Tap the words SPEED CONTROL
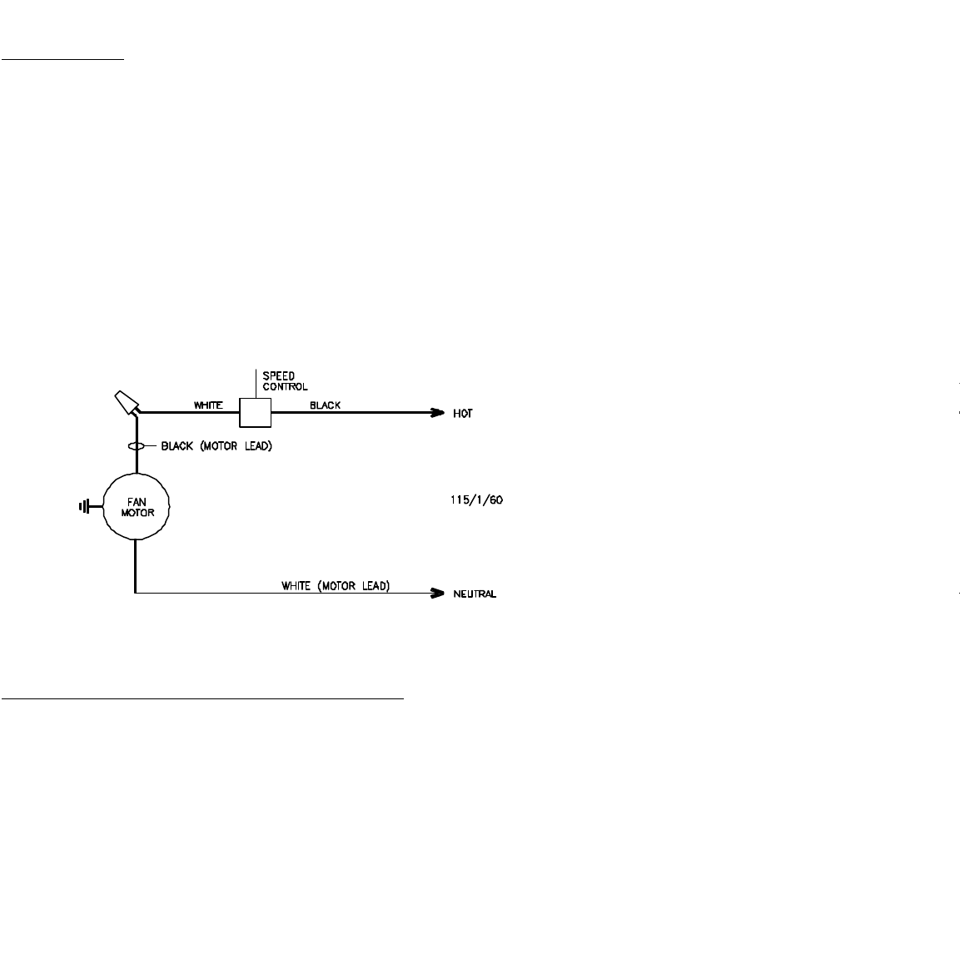pos(285,381)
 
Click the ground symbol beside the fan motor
pos(84,505)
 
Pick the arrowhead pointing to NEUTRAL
pos(436,594)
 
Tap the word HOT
pos(463,414)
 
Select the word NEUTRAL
pos(475,594)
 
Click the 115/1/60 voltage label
pos(473,501)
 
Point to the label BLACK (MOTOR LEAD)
pos(216,446)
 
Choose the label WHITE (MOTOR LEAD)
pos(335,586)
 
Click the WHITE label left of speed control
pos(207,405)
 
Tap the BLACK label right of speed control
pos(325,405)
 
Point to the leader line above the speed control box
pos(255,383)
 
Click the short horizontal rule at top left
pos(62,60)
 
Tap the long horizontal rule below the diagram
pos(202,699)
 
